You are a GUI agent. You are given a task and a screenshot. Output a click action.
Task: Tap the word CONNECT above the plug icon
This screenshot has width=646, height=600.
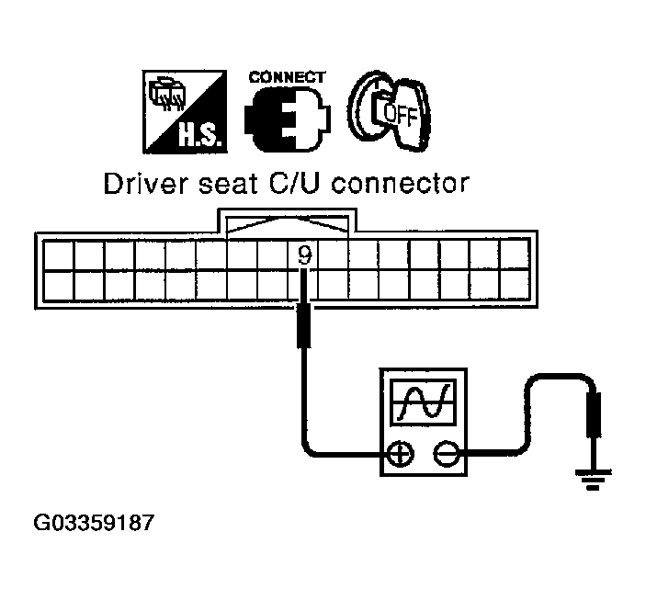click(x=287, y=77)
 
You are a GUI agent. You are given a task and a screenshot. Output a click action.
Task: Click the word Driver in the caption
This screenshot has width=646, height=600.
click(x=137, y=184)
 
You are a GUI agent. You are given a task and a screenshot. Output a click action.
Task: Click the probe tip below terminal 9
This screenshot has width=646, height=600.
click(x=304, y=326)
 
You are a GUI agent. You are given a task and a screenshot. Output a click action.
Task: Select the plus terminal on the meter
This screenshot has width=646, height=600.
click(x=400, y=453)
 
